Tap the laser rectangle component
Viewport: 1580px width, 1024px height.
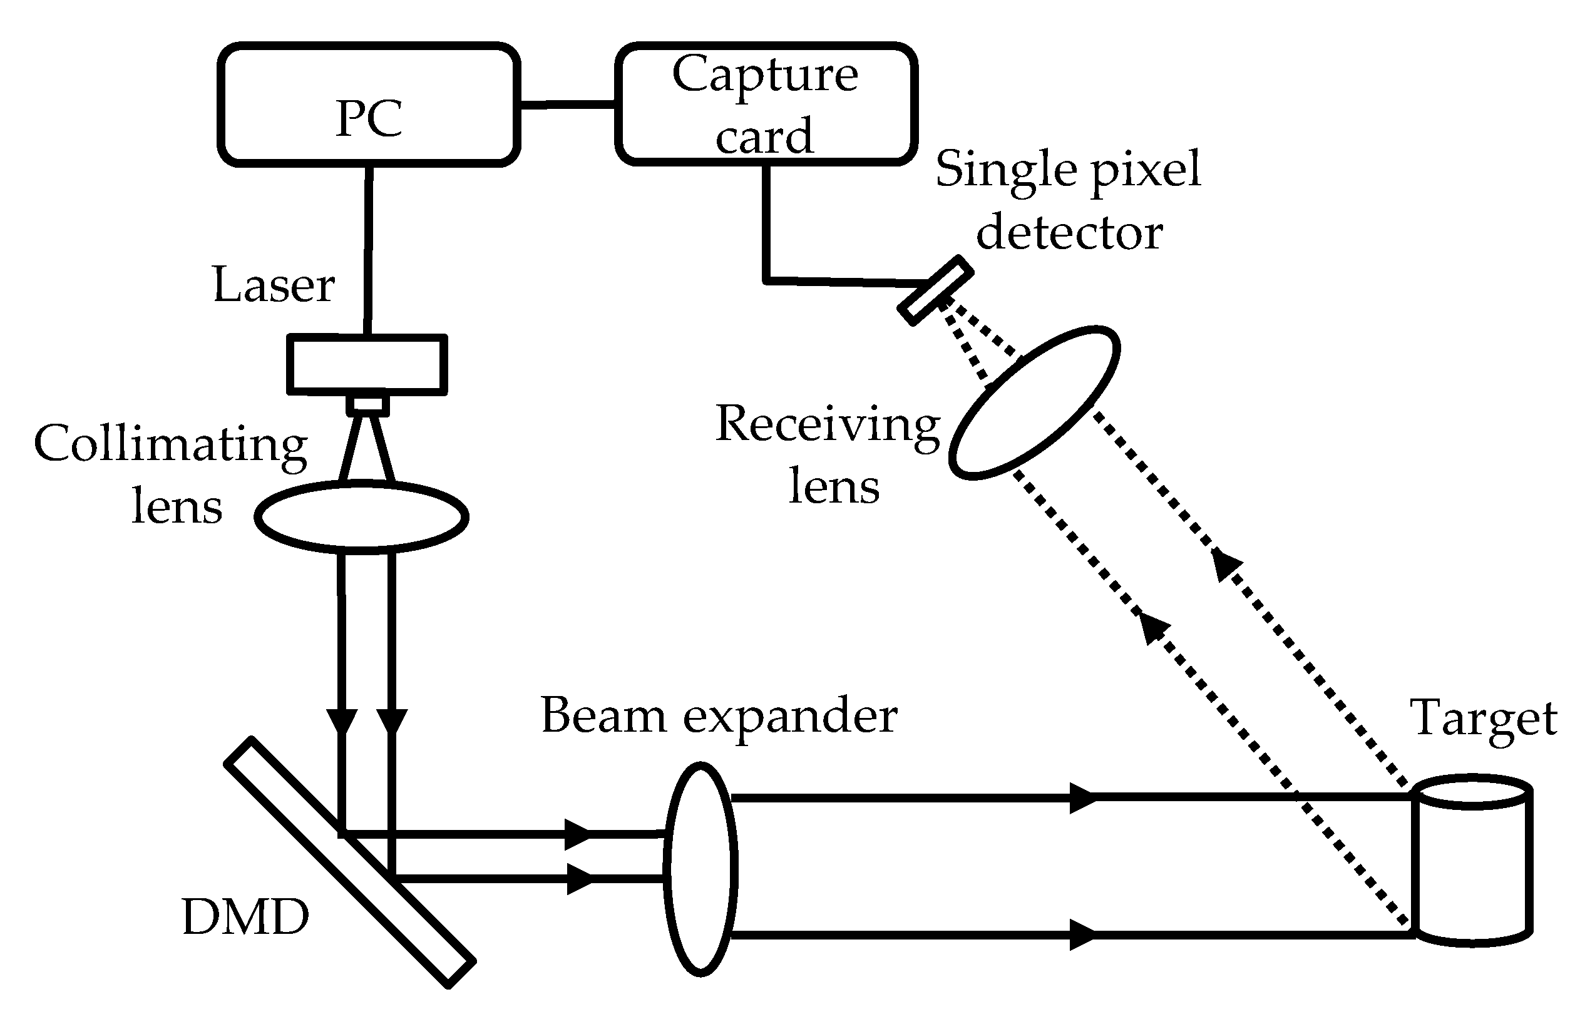(x=367, y=364)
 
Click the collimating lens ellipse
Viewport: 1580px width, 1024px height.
(x=362, y=517)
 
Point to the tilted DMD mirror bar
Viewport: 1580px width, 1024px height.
(x=350, y=863)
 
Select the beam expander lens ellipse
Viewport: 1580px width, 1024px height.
(x=701, y=869)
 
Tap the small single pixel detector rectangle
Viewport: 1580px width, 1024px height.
(x=935, y=290)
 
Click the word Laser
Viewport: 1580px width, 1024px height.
(x=274, y=285)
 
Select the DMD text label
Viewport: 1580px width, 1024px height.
(x=245, y=917)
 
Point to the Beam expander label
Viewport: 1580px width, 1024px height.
(x=719, y=715)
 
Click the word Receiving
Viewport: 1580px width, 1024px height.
(x=828, y=425)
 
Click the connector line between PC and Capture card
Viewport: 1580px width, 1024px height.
(x=567, y=104)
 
